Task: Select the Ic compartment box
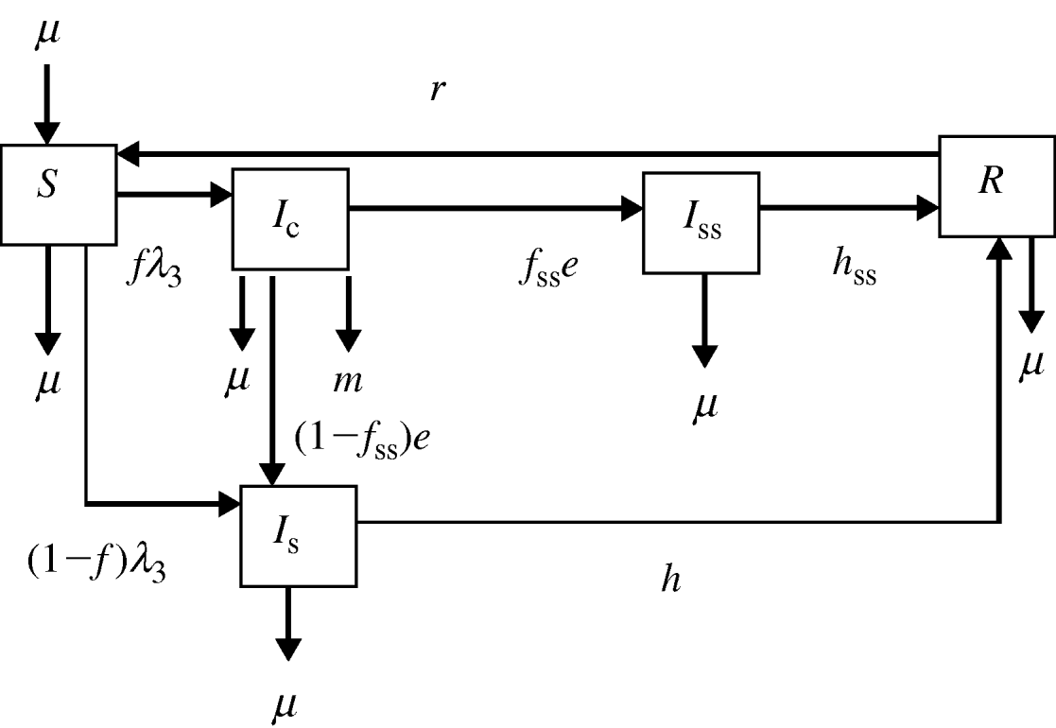(x=290, y=219)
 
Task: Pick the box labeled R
(x=995, y=185)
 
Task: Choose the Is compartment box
(x=299, y=534)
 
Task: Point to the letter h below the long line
(x=670, y=580)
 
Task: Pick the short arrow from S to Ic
(x=174, y=195)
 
